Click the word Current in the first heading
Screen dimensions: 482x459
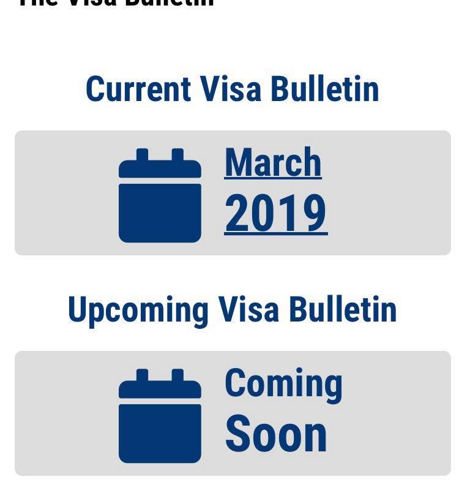coord(138,89)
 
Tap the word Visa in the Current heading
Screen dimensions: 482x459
coord(231,89)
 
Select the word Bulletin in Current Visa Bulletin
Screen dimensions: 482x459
coord(325,89)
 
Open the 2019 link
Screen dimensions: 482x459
coord(275,214)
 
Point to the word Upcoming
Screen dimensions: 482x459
coord(138,311)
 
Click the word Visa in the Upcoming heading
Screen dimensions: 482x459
coord(248,309)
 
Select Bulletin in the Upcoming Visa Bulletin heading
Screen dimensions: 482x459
coord(343,309)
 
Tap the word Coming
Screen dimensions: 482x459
coord(283,385)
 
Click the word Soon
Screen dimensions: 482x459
coord(276,434)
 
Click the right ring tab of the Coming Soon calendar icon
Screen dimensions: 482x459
coord(177,375)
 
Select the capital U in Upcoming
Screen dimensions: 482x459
coord(76,309)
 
